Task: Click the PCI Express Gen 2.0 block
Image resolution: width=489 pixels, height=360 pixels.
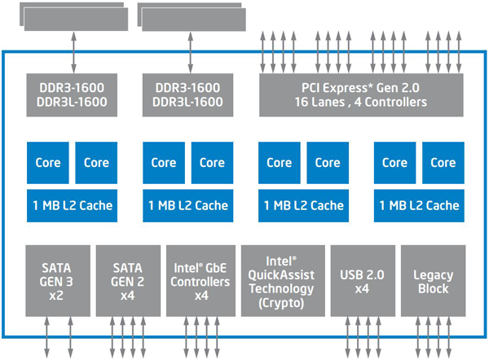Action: [x=361, y=95]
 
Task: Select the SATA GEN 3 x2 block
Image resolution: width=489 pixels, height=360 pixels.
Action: [x=58, y=280]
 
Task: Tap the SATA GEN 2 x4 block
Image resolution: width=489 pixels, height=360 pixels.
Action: [x=128, y=280]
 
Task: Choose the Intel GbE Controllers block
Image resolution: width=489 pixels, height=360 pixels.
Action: [x=200, y=280]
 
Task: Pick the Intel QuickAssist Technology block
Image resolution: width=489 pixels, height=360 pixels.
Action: [x=283, y=280]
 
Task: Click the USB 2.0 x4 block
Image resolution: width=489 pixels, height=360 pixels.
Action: [x=363, y=280]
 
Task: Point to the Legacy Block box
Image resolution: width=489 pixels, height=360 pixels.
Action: [x=434, y=280]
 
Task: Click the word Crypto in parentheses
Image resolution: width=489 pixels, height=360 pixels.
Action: [x=281, y=303]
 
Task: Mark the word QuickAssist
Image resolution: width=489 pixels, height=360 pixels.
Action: [x=281, y=275]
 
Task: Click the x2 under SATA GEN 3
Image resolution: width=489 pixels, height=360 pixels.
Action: [x=56, y=296]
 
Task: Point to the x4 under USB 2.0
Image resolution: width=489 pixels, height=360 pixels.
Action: [x=362, y=288]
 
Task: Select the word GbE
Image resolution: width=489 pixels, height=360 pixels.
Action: [x=216, y=268]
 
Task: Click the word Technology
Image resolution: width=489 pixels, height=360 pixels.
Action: [x=281, y=289]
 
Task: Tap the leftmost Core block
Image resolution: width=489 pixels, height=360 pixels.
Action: [x=48, y=163]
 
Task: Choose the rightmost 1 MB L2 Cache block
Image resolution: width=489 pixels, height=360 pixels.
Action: [x=419, y=206]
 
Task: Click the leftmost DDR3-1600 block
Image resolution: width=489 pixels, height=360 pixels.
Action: [x=72, y=95]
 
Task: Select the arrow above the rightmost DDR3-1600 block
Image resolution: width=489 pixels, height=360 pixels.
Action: [x=190, y=52]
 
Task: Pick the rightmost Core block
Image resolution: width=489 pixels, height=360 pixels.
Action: [x=443, y=163]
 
